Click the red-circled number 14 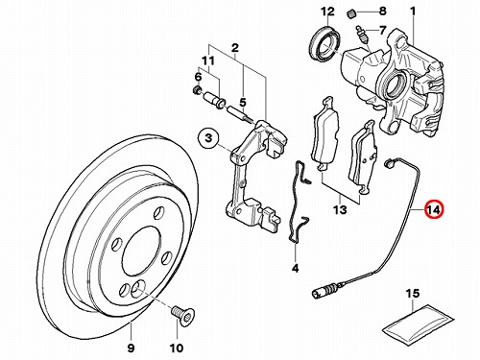(434, 209)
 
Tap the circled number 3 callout (208, 138)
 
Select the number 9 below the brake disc (132, 348)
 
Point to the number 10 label (178, 348)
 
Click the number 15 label (413, 293)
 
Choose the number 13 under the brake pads (340, 210)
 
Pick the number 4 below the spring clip (295, 268)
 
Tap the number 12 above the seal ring (328, 12)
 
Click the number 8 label (383, 12)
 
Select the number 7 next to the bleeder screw (383, 31)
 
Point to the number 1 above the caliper (413, 12)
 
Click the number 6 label (198, 77)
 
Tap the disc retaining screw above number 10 (183, 315)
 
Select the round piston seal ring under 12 (325, 43)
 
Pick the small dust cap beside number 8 (352, 13)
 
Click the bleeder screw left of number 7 (362, 36)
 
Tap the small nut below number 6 (196, 91)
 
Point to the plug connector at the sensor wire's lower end (325, 292)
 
